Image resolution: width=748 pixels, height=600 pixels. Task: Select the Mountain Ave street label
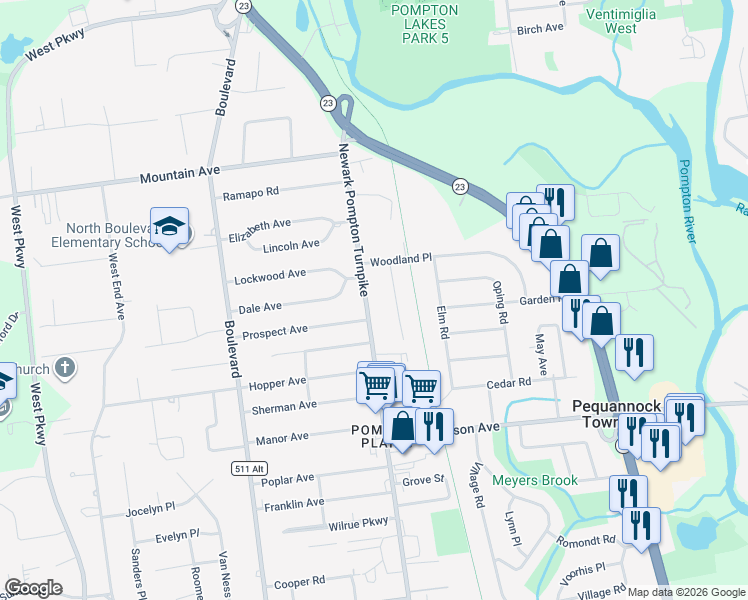(179, 174)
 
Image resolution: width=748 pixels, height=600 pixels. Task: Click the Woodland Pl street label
(400, 259)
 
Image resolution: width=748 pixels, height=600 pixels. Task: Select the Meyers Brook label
(535, 481)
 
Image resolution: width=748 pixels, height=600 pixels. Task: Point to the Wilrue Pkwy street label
(357, 523)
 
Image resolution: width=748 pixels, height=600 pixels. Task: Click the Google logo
(33, 588)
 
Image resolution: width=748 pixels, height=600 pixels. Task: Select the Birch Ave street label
(540, 30)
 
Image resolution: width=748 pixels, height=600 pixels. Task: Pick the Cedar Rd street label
(508, 383)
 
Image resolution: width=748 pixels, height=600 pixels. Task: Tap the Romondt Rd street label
(587, 539)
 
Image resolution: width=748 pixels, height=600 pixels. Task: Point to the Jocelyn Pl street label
(150, 511)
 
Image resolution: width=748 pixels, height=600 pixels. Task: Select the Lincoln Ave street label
(292, 244)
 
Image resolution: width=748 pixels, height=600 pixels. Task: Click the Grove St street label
(423, 480)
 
